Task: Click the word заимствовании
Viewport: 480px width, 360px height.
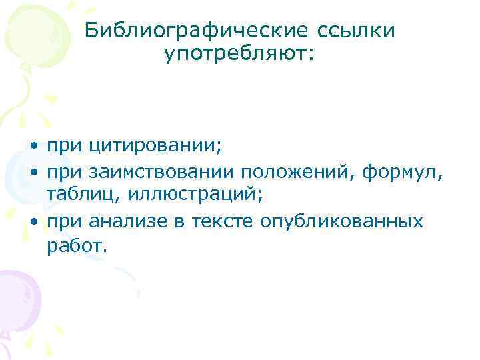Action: pyautogui.click(x=159, y=173)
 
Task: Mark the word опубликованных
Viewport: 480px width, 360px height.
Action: pyautogui.click(x=346, y=221)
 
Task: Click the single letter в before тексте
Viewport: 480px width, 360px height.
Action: pyautogui.click(x=184, y=221)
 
